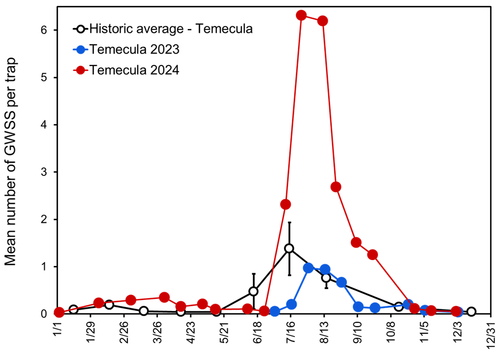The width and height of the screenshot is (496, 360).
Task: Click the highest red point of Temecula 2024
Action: [x=301, y=15]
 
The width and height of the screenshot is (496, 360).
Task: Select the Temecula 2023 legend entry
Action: [x=126, y=49]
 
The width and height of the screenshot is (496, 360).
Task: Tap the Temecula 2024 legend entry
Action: [x=126, y=70]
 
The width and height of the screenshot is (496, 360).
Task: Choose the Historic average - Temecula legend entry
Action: [x=163, y=29]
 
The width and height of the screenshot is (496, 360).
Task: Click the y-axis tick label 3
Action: [x=44, y=172]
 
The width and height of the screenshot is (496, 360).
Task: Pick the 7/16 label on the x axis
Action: [x=291, y=332]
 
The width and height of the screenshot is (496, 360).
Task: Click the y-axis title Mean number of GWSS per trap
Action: [x=10, y=162]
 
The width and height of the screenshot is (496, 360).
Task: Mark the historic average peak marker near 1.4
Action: [x=289, y=249]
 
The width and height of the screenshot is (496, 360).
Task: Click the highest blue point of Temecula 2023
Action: [x=308, y=268]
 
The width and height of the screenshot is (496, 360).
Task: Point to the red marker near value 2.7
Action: [x=335, y=187]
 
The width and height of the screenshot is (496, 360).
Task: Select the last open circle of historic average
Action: [x=471, y=311]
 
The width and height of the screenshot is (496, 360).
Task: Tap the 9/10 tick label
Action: [x=357, y=332]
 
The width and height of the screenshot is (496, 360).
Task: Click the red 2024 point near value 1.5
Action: [x=356, y=243]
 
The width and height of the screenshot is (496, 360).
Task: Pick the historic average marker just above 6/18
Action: [x=253, y=291]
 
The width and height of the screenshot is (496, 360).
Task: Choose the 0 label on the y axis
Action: [x=44, y=314]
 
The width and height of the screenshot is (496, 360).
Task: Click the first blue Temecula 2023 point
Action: [x=275, y=311]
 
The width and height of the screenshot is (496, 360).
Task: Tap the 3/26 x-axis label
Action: [x=157, y=332]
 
